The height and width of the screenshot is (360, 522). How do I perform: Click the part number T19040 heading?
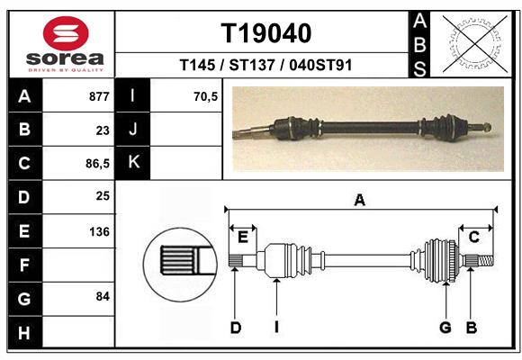(266, 33)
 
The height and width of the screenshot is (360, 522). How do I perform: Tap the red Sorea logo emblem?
(66, 34)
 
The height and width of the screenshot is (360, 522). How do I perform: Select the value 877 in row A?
(99, 96)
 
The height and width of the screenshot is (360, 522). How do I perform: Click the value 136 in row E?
(99, 231)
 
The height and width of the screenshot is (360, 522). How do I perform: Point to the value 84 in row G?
(102, 296)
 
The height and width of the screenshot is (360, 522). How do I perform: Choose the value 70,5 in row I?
(206, 96)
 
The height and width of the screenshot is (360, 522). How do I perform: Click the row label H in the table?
(23, 334)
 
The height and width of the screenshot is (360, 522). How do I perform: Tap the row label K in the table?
(133, 162)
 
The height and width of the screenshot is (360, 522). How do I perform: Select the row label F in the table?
(23, 265)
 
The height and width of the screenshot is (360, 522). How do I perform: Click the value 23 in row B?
(103, 130)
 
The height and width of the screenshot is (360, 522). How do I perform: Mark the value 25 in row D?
(103, 195)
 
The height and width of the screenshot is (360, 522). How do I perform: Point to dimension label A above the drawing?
(360, 201)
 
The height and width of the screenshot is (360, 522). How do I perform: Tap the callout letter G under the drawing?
(445, 328)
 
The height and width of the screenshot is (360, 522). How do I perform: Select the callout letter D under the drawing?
(236, 328)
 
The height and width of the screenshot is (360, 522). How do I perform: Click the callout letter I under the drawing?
(276, 328)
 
